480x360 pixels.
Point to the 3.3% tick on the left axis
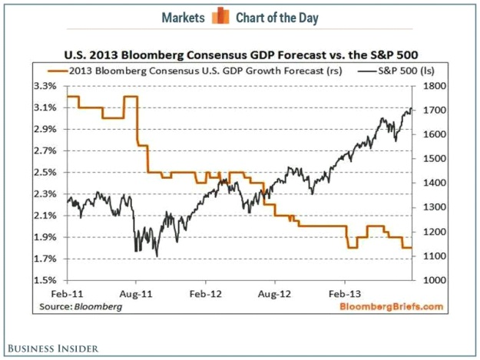click(47, 86)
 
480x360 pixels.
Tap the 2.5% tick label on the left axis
click(47, 172)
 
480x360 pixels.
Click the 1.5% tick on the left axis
click(47, 280)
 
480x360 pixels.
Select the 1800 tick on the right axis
click(431, 86)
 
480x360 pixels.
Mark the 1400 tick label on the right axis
click(431, 183)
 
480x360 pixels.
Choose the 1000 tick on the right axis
click(431, 280)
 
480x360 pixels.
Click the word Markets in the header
click(184, 17)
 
